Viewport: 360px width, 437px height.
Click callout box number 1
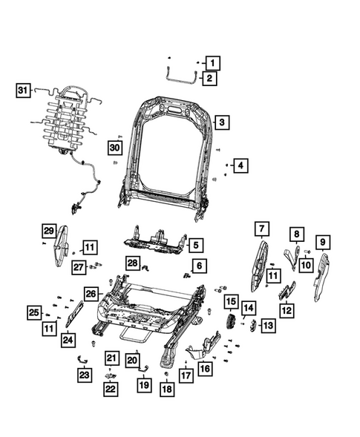coord(213,63)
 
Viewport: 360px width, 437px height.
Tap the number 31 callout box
coord(23,91)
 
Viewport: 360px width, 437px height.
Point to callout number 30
coord(113,148)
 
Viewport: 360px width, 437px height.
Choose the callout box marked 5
coord(195,243)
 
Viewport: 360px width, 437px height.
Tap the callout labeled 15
coord(231,302)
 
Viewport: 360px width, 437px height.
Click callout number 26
coord(91,294)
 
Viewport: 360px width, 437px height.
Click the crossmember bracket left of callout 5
coord(157,238)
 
